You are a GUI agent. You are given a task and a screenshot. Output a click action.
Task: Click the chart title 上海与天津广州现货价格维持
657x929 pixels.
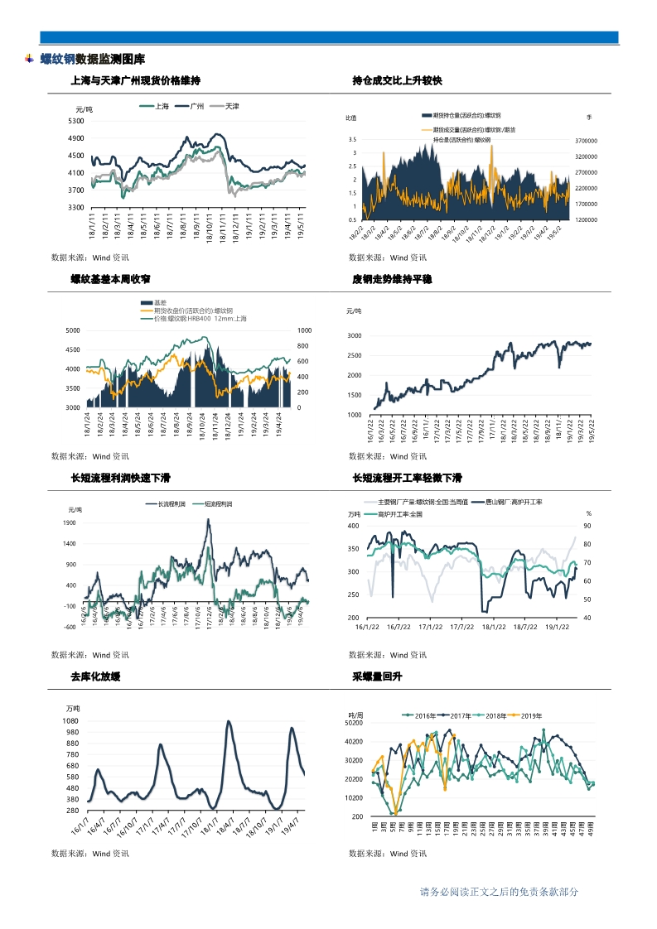coord(136,80)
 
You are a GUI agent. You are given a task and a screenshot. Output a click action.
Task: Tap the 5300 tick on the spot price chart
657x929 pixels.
coord(75,121)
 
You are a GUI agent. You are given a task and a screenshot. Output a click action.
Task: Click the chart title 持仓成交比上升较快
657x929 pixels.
coord(397,80)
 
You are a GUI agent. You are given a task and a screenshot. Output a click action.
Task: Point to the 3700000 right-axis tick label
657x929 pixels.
coord(587,141)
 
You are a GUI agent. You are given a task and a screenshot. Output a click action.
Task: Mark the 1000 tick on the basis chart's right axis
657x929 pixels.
coord(304,330)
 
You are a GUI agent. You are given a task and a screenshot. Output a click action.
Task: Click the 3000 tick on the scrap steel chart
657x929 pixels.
coord(354,336)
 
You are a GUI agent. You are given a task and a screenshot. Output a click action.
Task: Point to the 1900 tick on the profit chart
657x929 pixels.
coord(69,523)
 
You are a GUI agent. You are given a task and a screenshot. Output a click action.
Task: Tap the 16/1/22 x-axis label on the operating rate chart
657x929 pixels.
coord(368,627)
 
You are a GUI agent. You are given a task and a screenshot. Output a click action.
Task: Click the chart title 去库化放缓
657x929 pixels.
coord(96,676)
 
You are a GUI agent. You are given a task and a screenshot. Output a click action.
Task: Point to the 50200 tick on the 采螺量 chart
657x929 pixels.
coord(355,723)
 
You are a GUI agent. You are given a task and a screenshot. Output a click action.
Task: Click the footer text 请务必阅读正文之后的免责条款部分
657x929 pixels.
coord(499,892)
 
